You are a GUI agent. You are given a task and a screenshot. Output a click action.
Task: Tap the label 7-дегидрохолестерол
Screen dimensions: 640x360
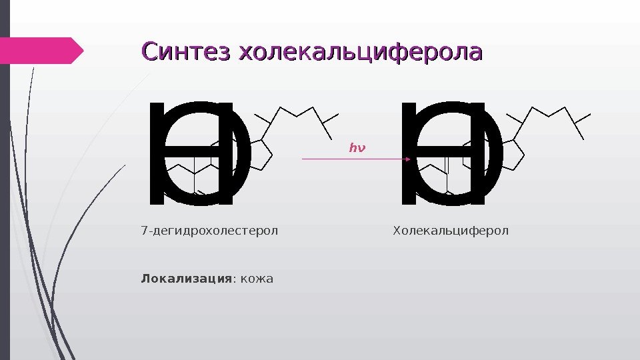pyautogui.click(x=209, y=231)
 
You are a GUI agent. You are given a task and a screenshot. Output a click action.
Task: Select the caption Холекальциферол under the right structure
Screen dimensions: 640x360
pyautogui.click(x=451, y=231)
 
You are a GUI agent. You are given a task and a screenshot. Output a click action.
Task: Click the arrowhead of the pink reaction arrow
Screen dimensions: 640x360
pyautogui.click(x=406, y=159)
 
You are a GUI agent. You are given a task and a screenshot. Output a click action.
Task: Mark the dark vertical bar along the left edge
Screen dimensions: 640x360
pyautogui.click(x=5, y=180)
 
